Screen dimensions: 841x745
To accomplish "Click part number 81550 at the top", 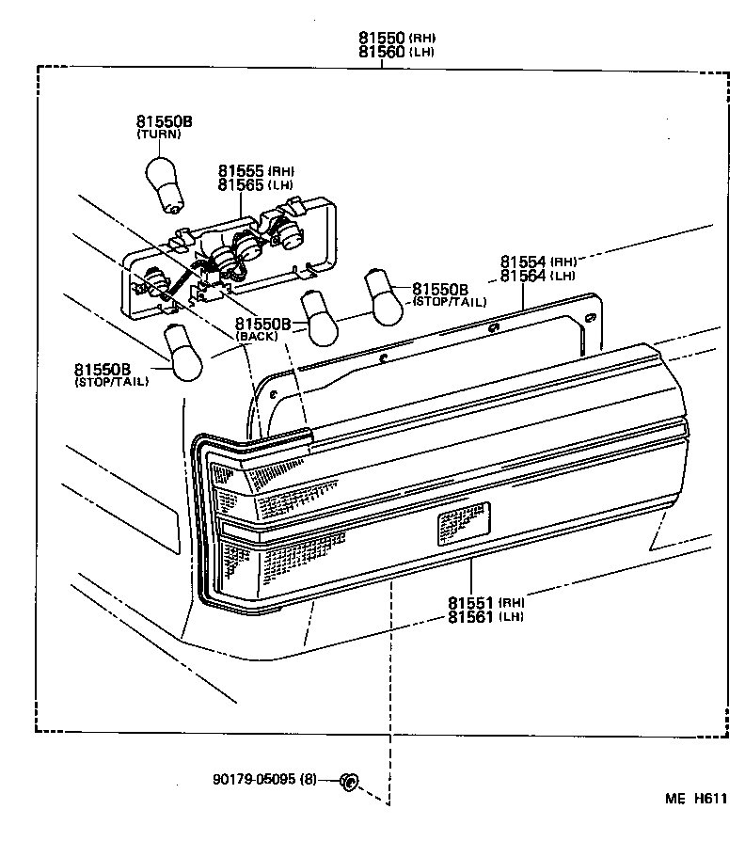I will click(381, 39).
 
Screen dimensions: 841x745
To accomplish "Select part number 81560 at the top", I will click(381, 52).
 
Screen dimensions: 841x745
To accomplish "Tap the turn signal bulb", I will click(165, 180).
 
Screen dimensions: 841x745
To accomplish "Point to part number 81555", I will click(241, 171).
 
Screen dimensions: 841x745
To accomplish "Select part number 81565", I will click(241, 185).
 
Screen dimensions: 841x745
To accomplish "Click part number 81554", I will click(523, 262).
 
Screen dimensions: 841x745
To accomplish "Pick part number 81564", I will click(523, 276).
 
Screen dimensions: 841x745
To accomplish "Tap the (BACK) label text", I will click(257, 337).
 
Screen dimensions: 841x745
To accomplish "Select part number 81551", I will click(471, 602).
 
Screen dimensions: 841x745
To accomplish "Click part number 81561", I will click(471, 616).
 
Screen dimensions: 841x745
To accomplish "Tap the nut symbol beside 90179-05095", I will click(349, 781).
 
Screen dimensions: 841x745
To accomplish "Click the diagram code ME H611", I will click(696, 800).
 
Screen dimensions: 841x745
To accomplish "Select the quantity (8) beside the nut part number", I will click(310, 780).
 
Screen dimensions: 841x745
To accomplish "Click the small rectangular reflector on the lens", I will click(463, 523).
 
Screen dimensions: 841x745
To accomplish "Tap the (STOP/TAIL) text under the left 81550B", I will click(111, 382).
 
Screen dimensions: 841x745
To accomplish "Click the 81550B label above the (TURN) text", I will click(165, 121).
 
